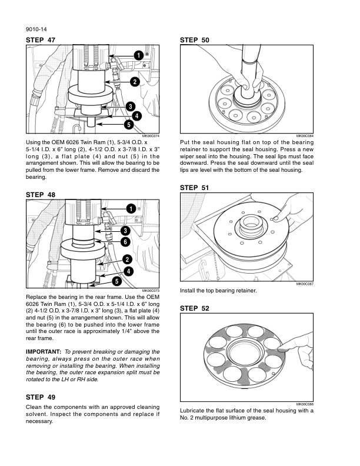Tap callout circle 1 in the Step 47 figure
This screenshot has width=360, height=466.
coord(137,55)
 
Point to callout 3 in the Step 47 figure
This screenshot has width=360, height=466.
coord(129,106)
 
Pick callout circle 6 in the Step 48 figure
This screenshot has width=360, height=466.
coord(125,242)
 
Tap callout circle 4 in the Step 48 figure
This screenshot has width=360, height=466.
coord(128,271)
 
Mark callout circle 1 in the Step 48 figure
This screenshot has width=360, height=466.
coord(131,208)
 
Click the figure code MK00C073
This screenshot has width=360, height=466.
coord(151,291)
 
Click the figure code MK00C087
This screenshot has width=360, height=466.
coord(305,284)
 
